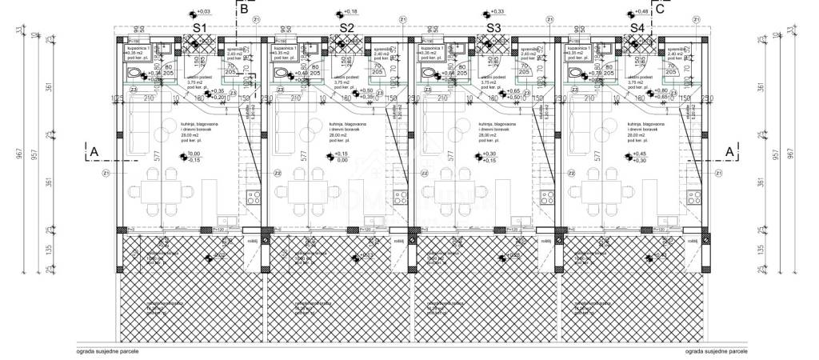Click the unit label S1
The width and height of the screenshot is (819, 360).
point(201,28)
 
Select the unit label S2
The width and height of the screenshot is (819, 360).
point(346,28)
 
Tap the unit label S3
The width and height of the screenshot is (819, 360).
point(493,28)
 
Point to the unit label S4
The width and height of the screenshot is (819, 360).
point(637,28)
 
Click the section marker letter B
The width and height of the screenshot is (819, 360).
point(243,9)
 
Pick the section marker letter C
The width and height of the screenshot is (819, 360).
point(660,9)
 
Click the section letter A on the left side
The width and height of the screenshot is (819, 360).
point(94,150)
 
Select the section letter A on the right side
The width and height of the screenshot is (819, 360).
point(729,150)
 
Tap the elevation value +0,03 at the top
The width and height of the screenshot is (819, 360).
point(203,12)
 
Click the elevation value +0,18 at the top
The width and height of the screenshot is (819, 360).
point(350,12)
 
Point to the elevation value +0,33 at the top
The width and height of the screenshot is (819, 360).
point(497,12)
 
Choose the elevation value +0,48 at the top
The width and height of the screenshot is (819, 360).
point(641,12)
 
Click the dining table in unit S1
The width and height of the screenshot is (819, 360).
point(160,192)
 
